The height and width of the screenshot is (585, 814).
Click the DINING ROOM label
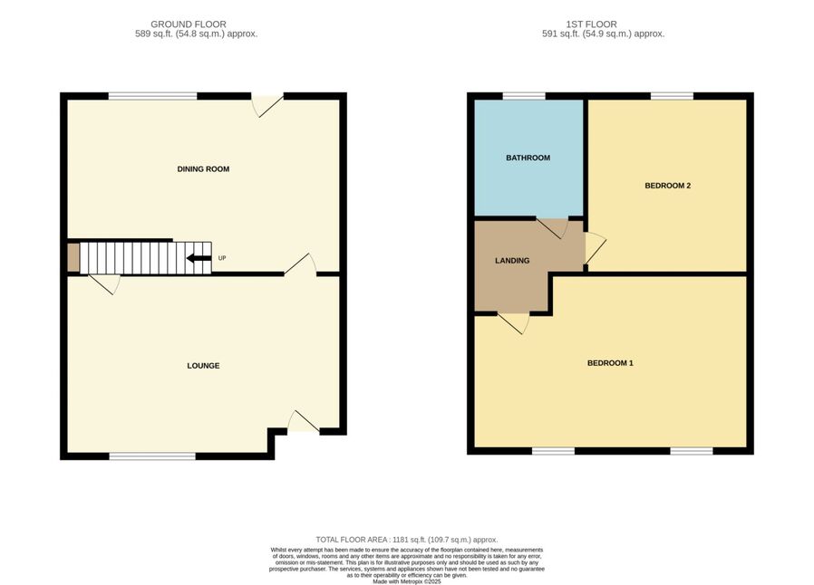203,169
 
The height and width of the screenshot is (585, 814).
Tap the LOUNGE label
203,366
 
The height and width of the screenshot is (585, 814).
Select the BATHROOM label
528,158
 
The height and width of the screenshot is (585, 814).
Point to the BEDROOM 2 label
667,186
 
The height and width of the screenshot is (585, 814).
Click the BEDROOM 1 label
610,363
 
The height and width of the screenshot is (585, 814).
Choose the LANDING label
512,261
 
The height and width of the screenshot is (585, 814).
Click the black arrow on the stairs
199,258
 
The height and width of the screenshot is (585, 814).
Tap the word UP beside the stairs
222,258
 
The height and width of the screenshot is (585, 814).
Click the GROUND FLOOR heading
189,24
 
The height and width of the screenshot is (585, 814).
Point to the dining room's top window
153,96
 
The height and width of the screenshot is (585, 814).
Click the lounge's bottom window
152,456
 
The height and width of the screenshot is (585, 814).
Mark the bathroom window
524,96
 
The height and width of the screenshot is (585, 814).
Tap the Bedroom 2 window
673,96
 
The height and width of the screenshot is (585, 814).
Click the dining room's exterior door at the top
267,105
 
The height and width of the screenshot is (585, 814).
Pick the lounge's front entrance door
304,421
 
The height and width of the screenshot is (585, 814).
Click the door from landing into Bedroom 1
514,323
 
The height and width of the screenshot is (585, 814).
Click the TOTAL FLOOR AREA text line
406,540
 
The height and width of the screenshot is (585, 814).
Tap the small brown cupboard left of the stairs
73,258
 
